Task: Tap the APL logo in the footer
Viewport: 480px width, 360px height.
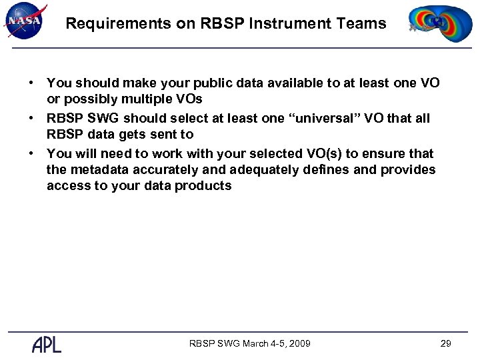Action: point(47,344)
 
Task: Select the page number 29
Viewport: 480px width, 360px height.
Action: point(446,343)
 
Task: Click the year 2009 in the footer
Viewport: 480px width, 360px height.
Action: point(297,343)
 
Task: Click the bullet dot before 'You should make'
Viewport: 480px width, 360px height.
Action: point(31,83)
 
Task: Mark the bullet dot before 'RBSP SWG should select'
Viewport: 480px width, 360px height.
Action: point(31,118)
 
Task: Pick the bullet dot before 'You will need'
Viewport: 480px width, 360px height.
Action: point(31,153)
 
